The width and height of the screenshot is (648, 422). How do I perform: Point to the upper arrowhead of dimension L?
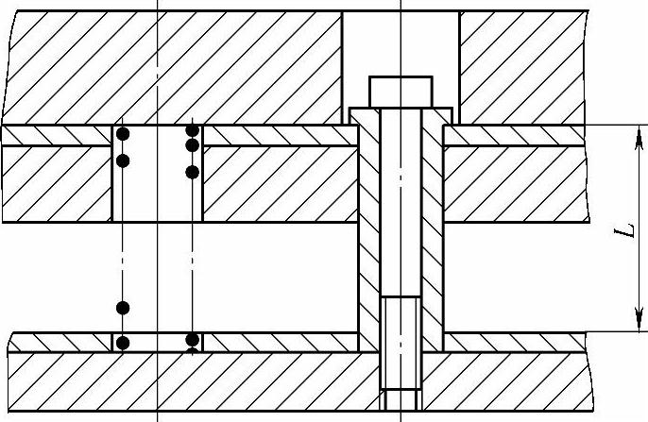629,132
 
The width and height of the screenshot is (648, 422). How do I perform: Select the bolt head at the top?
401,92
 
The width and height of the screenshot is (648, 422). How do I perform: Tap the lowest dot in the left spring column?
121,340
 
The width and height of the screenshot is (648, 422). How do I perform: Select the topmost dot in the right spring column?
193,129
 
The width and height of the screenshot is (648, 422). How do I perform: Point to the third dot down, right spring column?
193,172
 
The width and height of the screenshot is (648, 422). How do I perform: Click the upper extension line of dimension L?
548,125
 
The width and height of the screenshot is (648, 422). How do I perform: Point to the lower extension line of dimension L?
548,331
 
